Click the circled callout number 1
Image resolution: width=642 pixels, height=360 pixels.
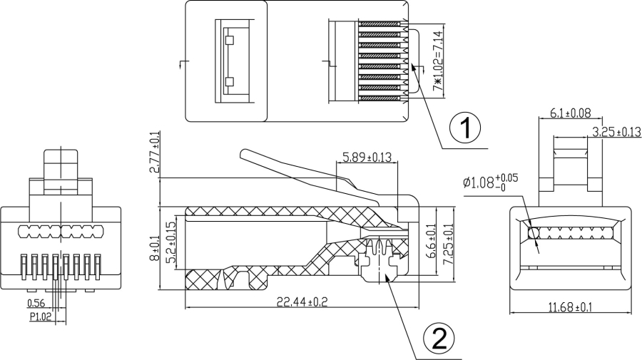[464, 129]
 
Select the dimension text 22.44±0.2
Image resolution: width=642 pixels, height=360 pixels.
[297, 302]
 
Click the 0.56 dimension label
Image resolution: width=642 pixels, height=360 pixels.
[35, 304]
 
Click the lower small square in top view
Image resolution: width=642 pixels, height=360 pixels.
[229, 82]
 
